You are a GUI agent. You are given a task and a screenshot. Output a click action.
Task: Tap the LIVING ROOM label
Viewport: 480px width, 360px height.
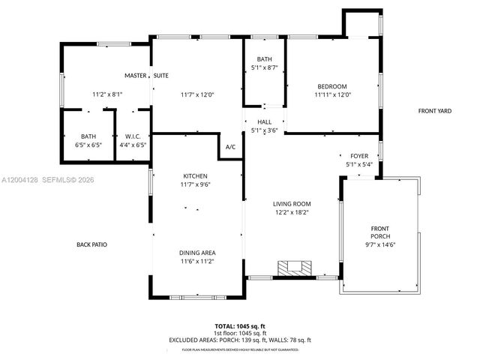point(291,203)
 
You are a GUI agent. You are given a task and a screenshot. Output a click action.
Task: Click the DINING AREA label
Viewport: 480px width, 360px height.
point(196,253)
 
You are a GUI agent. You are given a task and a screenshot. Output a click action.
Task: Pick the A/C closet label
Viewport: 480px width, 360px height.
point(230,147)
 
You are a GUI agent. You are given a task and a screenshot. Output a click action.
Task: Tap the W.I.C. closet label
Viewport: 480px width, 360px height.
point(132,136)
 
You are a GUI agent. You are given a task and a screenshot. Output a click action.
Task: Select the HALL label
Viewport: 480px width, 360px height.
point(264,121)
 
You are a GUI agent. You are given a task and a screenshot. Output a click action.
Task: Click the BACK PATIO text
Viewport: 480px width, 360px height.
point(94,244)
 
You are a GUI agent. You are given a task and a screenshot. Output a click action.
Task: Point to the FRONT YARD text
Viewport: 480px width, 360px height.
point(434,111)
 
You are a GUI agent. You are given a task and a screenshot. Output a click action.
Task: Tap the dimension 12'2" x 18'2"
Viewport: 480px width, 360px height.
point(291,212)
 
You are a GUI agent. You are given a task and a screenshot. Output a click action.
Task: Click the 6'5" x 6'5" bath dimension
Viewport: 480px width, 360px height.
point(88,144)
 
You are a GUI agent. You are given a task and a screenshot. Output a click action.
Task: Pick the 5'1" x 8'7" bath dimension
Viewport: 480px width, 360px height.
point(264,68)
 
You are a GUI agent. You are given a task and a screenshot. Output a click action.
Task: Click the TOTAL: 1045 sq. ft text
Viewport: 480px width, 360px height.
point(240,326)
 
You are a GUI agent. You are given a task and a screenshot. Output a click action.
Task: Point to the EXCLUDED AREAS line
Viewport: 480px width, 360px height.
point(240,340)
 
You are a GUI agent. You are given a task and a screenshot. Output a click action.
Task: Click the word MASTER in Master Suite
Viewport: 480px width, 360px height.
point(136,76)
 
